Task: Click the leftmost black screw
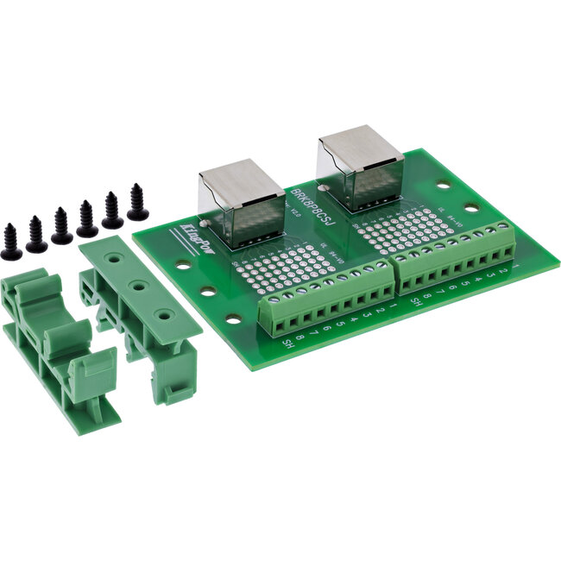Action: pyautogui.click(x=11, y=242)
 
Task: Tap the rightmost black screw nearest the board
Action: pyautogui.click(x=136, y=202)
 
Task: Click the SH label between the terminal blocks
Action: pyautogui.click(x=415, y=302)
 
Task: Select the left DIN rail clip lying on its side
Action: pyautogui.click(x=52, y=345)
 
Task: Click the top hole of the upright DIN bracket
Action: pyautogui.click(x=115, y=256)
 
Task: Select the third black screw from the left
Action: pyautogui.click(x=61, y=226)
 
